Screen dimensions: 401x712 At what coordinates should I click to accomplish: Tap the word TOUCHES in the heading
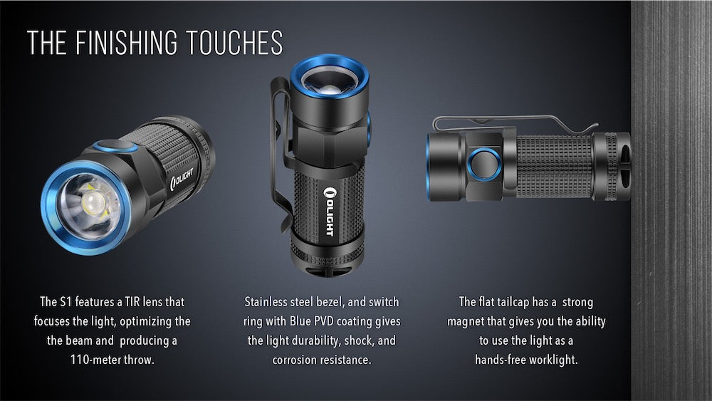235,43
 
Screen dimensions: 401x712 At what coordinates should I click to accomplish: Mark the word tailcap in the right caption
523,302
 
